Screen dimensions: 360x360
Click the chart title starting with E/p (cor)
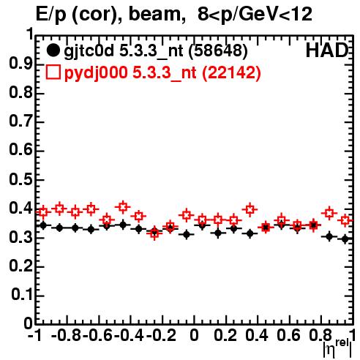[x=174, y=14]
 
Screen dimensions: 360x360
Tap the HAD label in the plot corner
[x=327, y=50]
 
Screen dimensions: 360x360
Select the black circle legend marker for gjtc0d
[x=53, y=50]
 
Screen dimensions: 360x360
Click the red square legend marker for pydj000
[x=53, y=72]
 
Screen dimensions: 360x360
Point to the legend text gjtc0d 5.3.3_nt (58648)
[x=156, y=51]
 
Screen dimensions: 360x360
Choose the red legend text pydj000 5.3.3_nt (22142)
[x=162, y=72]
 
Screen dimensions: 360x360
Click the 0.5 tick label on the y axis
[x=20, y=179]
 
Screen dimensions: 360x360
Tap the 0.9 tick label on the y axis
[x=20, y=64]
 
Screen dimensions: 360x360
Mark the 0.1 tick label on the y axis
[x=21, y=295]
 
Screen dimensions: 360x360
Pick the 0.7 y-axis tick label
[x=20, y=121]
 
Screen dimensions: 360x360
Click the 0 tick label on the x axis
[x=194, y=335]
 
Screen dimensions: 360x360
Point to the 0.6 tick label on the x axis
[x=288, y=335]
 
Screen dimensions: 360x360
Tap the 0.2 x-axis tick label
[x=225, y=335]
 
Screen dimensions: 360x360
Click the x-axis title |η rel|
[x=337, y=348]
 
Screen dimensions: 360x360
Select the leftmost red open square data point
[x=43, y=212]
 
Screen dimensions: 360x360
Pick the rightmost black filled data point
[x=345, y=239]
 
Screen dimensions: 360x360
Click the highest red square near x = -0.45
[x=123, y=207]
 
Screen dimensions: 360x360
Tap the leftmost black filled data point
[x=43, y=225]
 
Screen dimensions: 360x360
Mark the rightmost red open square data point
[x=345, y=220]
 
